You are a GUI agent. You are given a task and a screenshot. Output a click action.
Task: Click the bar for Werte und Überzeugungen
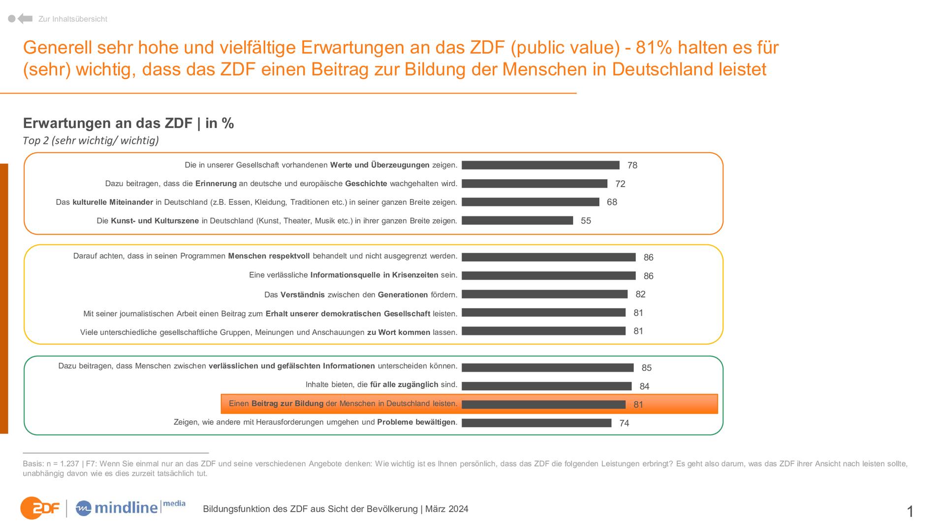coord(540,165)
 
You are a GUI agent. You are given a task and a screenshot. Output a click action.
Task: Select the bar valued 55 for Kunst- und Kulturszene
coord(517,221)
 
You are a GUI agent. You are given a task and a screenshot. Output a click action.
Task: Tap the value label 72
coord(620,184)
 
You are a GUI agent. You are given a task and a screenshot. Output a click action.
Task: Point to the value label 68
coord(612,202)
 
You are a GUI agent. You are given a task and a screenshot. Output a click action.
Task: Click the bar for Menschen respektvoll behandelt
coord(549,257)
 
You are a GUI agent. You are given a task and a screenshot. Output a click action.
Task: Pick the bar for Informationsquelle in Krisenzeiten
coord(549,276)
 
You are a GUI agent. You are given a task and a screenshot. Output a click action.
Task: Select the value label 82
coord(640,294)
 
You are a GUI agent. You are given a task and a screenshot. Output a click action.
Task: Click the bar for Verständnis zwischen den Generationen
coord(544,294)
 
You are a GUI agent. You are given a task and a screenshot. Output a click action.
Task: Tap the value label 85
coord(646,368)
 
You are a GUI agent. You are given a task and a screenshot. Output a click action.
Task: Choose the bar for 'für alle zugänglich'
coord(546,386)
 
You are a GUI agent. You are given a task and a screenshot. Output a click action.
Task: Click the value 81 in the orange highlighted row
coord(638,404)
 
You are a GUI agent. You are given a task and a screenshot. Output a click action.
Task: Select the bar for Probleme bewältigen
coord(536,423)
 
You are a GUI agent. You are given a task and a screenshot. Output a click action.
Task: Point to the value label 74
coord(624,423)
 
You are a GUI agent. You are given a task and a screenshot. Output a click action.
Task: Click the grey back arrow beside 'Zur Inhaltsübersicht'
coord(25,19)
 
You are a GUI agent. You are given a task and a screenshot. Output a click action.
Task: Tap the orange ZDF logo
coord(39,508)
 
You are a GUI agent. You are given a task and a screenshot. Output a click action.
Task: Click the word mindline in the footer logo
coord(126,508)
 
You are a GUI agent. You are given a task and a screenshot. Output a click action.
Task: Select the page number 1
coord(910,511)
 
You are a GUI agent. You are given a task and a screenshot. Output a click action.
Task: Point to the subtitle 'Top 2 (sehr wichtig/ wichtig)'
coord(91,140)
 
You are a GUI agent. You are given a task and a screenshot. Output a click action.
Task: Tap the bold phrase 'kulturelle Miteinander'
coord(113,202)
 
